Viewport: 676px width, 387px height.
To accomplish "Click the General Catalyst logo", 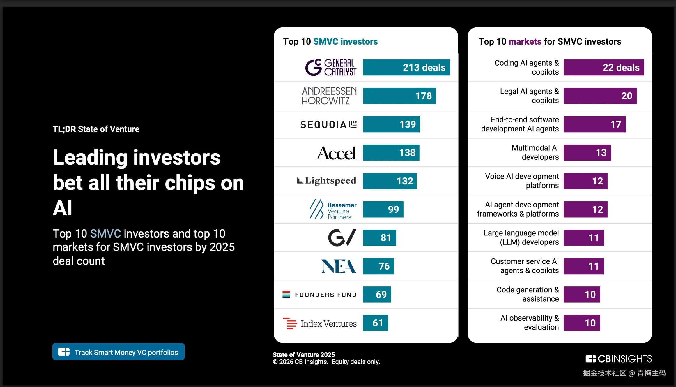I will [331, 67].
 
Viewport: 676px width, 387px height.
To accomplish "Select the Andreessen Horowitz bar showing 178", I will [399, 96].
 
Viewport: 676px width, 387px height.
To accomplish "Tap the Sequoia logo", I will [328, 125].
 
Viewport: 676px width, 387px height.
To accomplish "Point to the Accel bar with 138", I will [391, 153].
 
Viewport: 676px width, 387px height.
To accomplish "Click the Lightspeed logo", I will [327, 181].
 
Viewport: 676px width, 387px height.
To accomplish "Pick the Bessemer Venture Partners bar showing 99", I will [383, 209].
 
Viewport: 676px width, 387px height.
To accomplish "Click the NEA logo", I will [339, 266].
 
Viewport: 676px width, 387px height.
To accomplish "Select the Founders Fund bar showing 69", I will [377, 295].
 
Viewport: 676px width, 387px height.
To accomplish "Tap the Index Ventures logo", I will [320, 323].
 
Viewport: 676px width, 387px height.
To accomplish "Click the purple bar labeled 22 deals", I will [604, 68].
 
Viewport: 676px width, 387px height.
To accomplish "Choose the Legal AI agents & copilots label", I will [529, 96].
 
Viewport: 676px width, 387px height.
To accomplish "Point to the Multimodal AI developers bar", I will [587, 153].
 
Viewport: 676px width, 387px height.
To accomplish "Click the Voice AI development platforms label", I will [522, 181].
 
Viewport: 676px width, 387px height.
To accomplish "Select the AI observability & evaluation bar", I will [582, 323].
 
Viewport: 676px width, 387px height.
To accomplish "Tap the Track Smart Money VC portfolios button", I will [118, 352].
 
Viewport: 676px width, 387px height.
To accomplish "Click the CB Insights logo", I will [619, 359].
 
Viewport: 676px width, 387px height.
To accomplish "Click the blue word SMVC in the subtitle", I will [105, 234].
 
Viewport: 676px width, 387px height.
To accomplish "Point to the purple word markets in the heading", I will [525, 42].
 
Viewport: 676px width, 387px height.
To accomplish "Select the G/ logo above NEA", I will [342, 238].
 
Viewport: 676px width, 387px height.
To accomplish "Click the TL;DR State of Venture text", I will [96, 129].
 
